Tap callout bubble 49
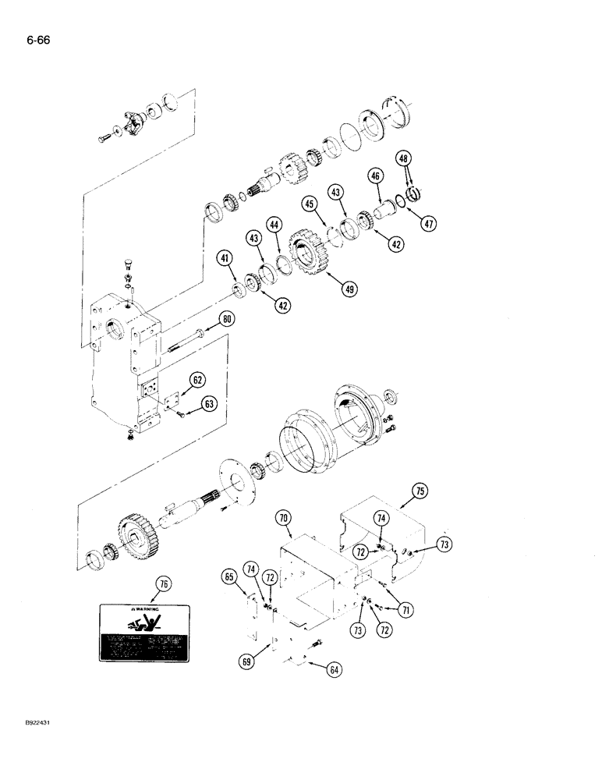[x=348, y=287]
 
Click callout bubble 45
[x=310, y=206]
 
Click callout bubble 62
[x=198, y=381]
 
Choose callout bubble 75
[x=420, y=491]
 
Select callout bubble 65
[x=228, y=578]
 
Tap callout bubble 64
[x=335, y=668]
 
